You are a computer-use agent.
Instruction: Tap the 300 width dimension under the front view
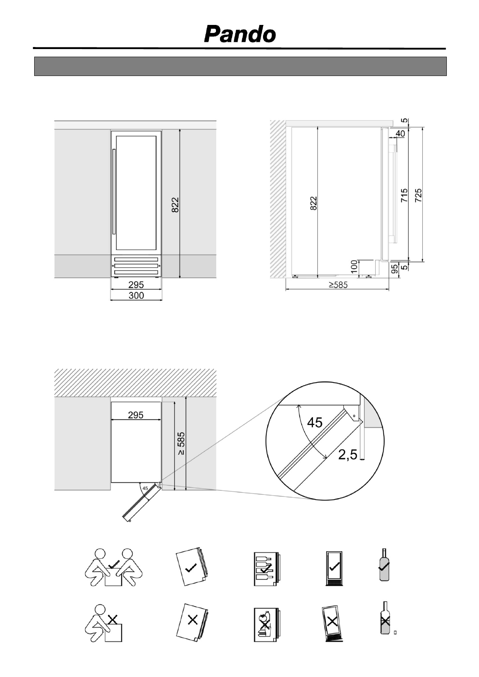136,295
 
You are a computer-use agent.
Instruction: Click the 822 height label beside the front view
175,205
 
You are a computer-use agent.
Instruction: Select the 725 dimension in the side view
418,195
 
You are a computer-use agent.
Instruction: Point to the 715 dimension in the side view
404,195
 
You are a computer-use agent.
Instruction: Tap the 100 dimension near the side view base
354,267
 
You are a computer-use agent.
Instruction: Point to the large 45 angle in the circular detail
315,422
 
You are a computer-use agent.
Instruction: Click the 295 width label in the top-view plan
136,415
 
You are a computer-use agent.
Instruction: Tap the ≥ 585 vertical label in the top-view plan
181,443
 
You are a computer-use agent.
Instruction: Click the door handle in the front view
114,191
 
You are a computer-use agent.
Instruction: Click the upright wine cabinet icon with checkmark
334,568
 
